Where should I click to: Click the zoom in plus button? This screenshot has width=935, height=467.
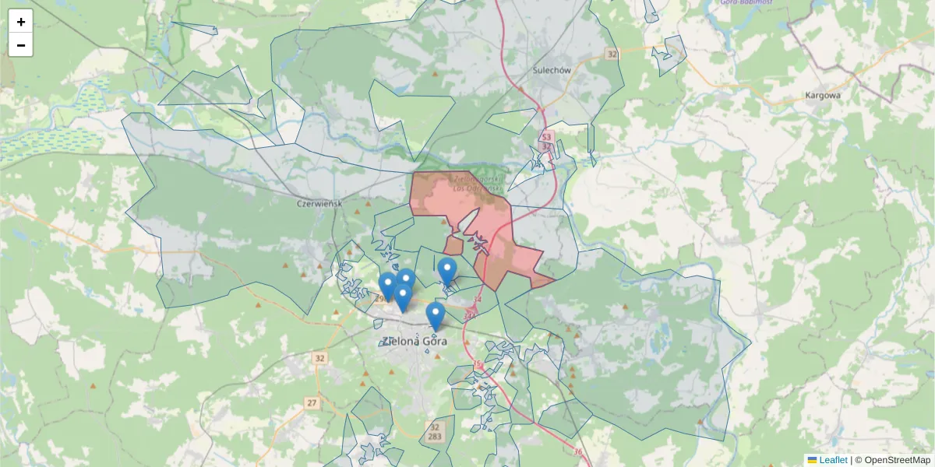tap(21, 22)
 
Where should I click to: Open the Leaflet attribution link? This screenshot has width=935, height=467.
tap(833, 460)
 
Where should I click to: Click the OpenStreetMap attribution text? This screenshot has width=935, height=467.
tap(897, 460)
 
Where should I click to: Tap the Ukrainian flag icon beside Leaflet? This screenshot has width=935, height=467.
tap(812, 460)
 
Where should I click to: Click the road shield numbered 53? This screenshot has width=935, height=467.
tap(546, 138)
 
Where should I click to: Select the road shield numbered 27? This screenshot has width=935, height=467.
tap(312, 403)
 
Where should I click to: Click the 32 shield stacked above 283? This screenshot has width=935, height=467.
tap(434, 427)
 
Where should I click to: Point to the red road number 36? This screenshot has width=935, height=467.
tap(577, 452)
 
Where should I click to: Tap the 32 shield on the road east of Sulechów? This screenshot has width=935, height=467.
tap(612, 54)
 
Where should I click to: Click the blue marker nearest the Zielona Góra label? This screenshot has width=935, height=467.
tap(436, 315)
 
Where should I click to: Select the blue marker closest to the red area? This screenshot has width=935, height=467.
tap(446, 271)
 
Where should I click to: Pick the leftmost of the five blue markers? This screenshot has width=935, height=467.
tap(387, 286)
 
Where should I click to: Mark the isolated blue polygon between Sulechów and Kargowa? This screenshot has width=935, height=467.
tap(669, 54)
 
